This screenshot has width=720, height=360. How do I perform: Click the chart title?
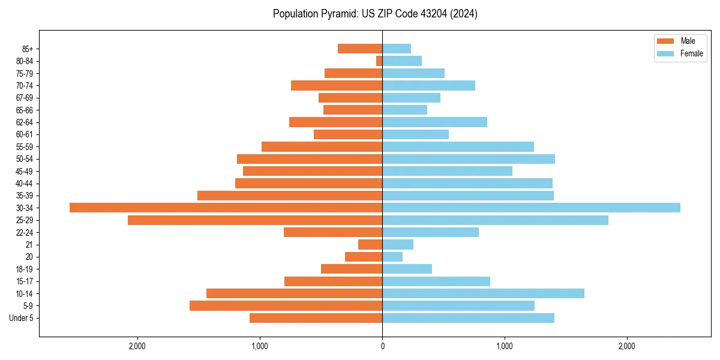(x=375, y=14)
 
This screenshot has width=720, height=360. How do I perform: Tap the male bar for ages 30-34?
(x=226, y=208)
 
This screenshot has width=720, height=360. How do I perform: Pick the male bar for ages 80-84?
(x=379, y=61)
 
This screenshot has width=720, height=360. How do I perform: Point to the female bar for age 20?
(x=392, y=257)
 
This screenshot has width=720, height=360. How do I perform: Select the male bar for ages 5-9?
(x=286, y=305)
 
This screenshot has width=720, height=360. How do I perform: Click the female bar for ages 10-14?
(x=483, y=293)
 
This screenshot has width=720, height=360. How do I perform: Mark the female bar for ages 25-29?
(x=495, y=220)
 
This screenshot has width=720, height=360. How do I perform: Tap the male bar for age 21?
(x=370, y=244)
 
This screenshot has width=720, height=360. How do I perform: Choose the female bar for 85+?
(x=397, y=49)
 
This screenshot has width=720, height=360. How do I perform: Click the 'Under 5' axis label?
(x=21, y=318)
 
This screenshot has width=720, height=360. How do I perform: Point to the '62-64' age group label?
(x=25, y=122)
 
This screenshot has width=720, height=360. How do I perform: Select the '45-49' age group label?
(x=25, y=171)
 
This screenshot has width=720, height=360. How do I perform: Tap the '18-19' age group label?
(x=25, y=269)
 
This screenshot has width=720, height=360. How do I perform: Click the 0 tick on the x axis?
(x=382, y=346)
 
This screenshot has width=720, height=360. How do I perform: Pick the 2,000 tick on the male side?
(x=137, y=346)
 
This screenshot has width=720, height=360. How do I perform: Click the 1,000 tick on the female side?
(x=505, y=346)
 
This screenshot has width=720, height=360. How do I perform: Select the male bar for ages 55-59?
(x=322, y=146)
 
